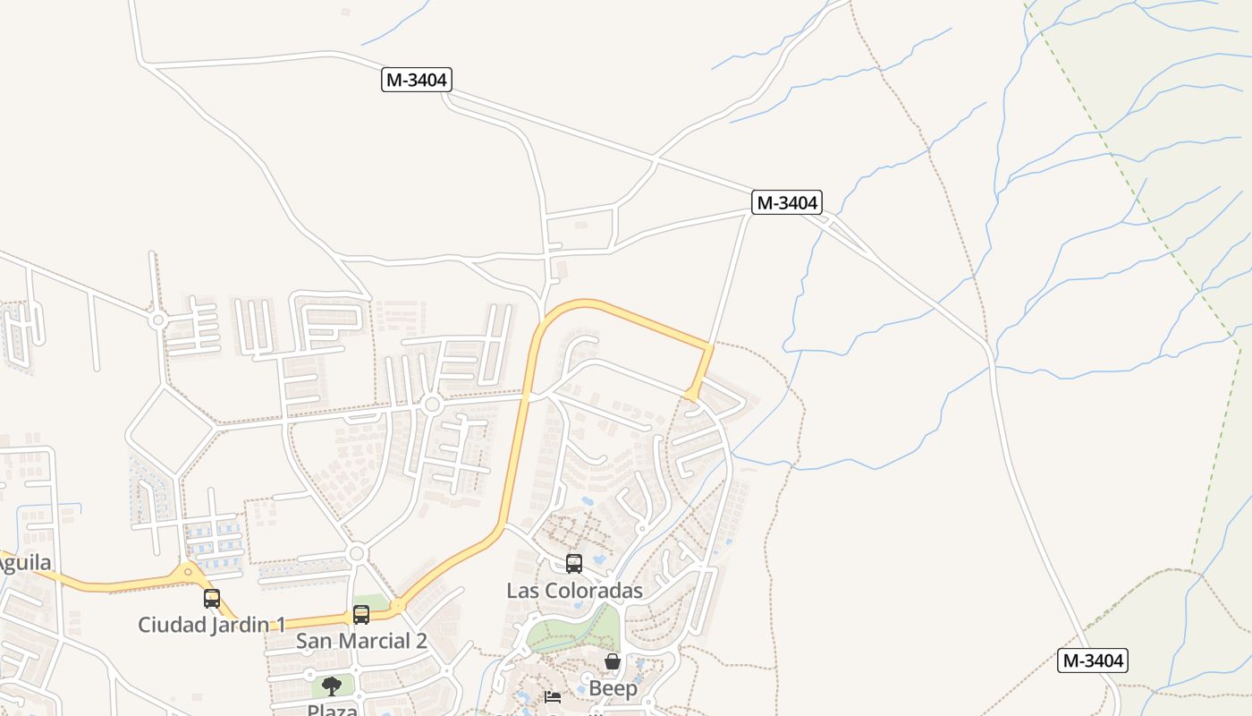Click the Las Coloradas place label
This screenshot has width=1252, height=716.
point(574,591)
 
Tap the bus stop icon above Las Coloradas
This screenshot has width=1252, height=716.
point(574,564)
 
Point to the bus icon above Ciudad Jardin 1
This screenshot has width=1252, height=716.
point(212,599)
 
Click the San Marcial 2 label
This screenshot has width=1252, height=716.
point(361,641)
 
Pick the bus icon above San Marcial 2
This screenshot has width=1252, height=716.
point(361,615)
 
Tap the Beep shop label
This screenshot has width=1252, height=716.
point(613,688)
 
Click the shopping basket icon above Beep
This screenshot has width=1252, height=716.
point(613,662)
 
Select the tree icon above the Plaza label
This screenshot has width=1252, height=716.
point(332,686)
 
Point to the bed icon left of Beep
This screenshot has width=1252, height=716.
point(553,696)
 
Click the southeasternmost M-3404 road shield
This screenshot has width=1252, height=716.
point(1093,661)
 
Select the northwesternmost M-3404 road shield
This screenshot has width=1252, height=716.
point(417,80)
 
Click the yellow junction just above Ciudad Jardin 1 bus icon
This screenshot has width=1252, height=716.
point(188,571)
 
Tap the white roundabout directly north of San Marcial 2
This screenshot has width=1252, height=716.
point(358,554)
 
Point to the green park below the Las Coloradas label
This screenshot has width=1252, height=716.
point(572,631)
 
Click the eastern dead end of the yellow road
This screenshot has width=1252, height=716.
point(691,395)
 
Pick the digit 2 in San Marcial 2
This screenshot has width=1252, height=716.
point(420,641)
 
